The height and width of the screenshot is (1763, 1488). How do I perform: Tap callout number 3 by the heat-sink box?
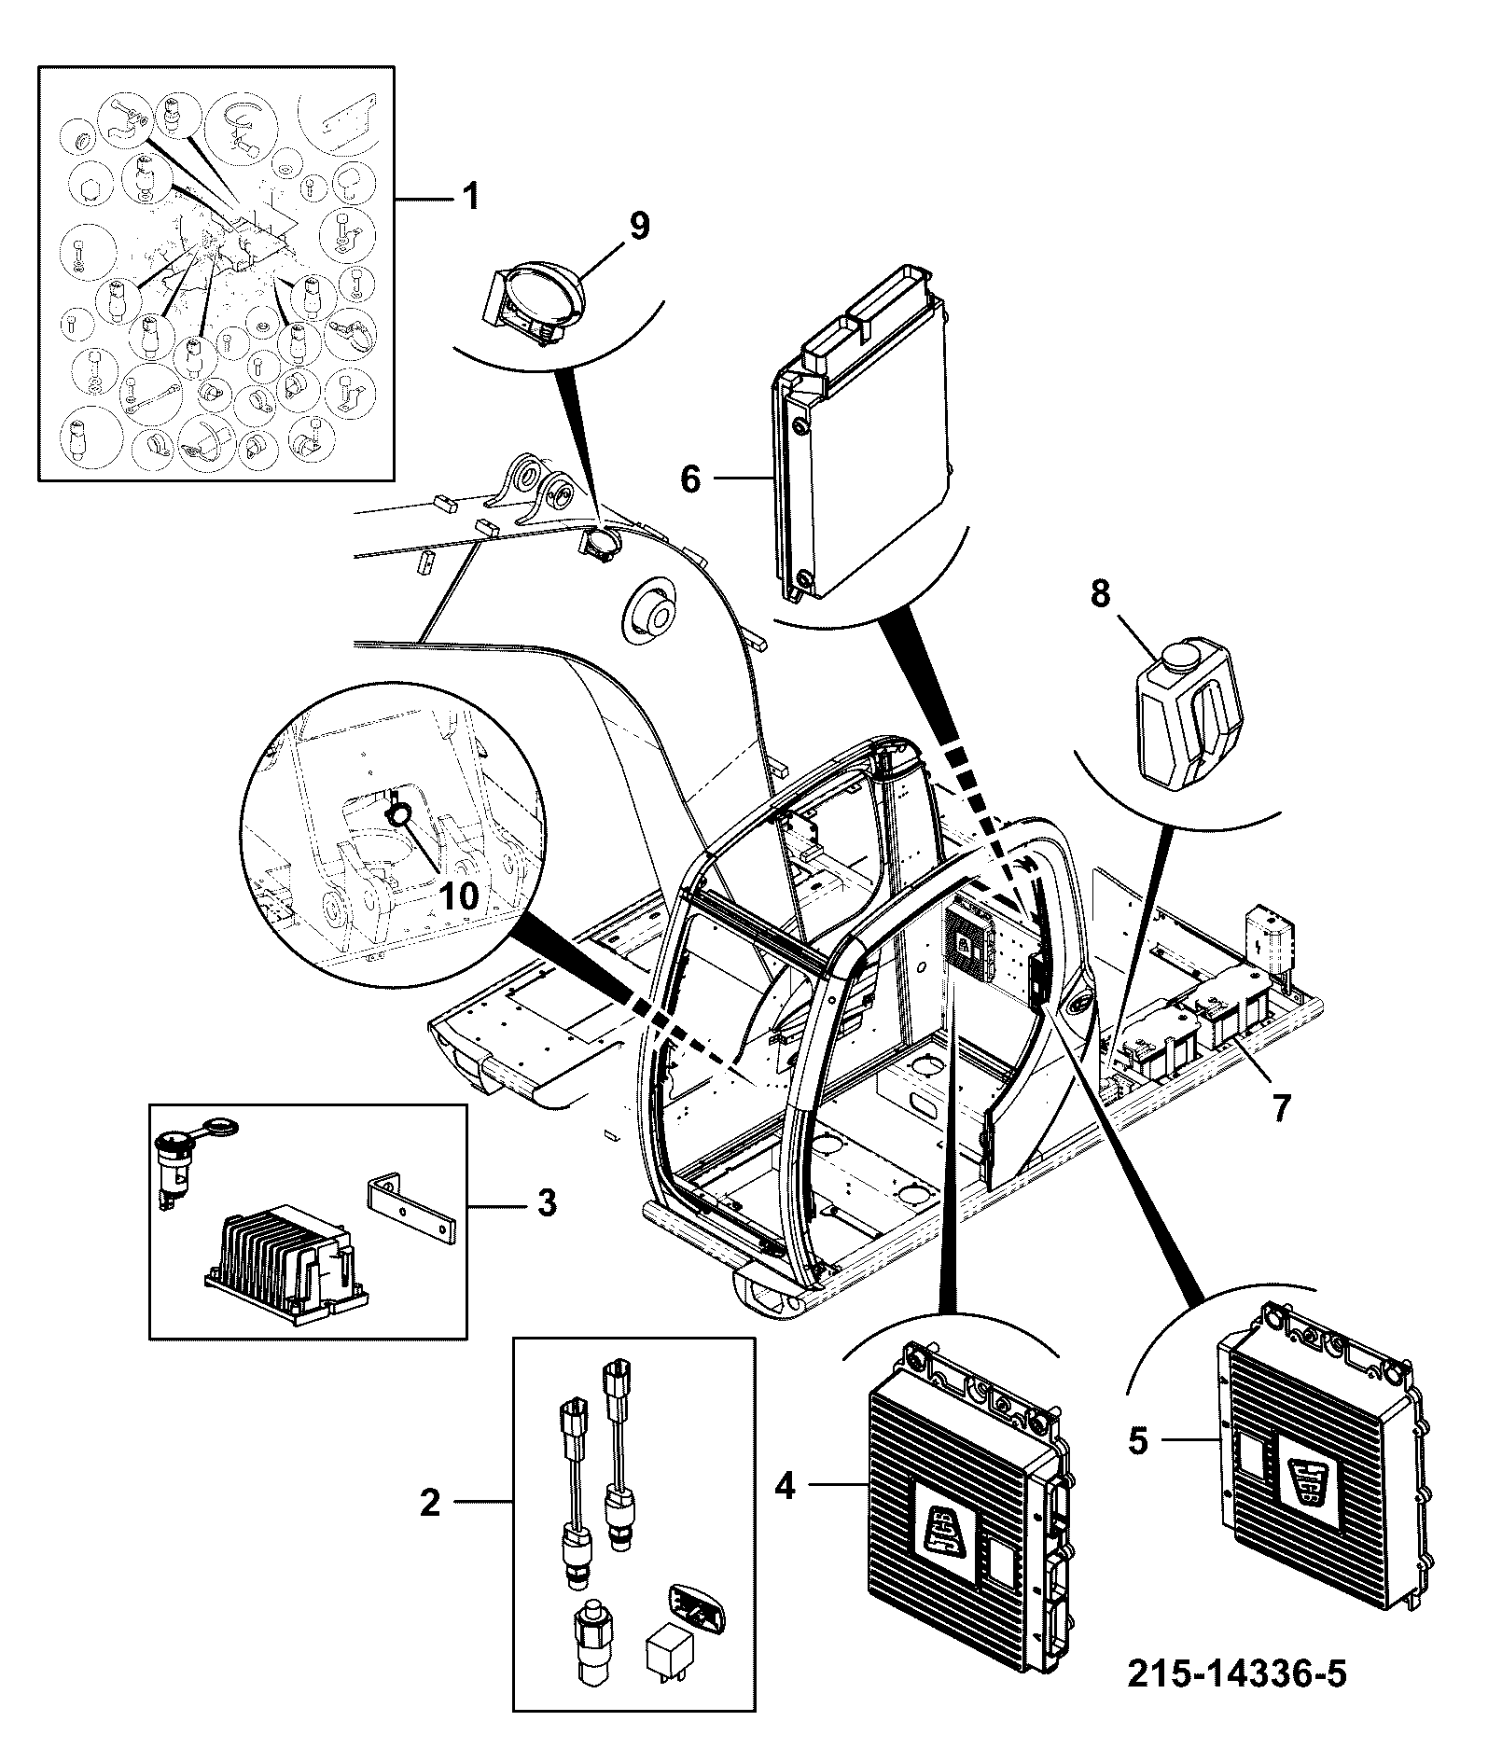click(x=547, y=1202)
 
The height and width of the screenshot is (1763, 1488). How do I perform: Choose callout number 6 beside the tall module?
click(x=690, y=479)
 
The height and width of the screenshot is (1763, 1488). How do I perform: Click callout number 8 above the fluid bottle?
click(x=1101, y=594)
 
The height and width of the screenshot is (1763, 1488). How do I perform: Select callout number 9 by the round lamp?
click(x=640, y=225)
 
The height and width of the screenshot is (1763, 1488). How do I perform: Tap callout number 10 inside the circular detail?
click(x=458, y=896)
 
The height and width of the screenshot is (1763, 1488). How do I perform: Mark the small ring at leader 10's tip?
click(x=400, y=816)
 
